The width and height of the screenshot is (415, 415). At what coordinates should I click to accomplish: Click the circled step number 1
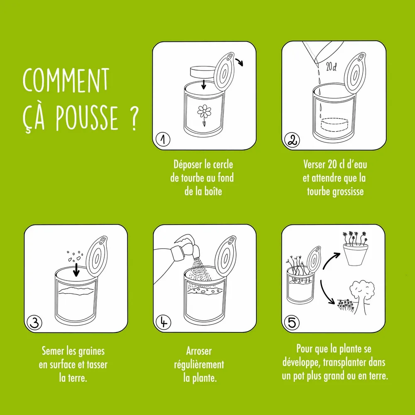(x=163, y=140)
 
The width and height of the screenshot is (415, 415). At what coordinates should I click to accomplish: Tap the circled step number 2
(x=291, y=141)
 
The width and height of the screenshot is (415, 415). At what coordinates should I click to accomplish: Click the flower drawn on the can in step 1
(x=204, y=112)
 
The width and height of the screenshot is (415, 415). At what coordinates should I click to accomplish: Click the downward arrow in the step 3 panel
(x=76, y=269)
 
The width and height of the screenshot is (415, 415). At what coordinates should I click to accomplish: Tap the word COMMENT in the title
(x=66, y=81)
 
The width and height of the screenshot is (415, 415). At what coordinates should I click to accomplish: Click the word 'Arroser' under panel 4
(x=199, y=351)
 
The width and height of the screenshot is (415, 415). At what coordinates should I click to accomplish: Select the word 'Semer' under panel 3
(x=53, y=351)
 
